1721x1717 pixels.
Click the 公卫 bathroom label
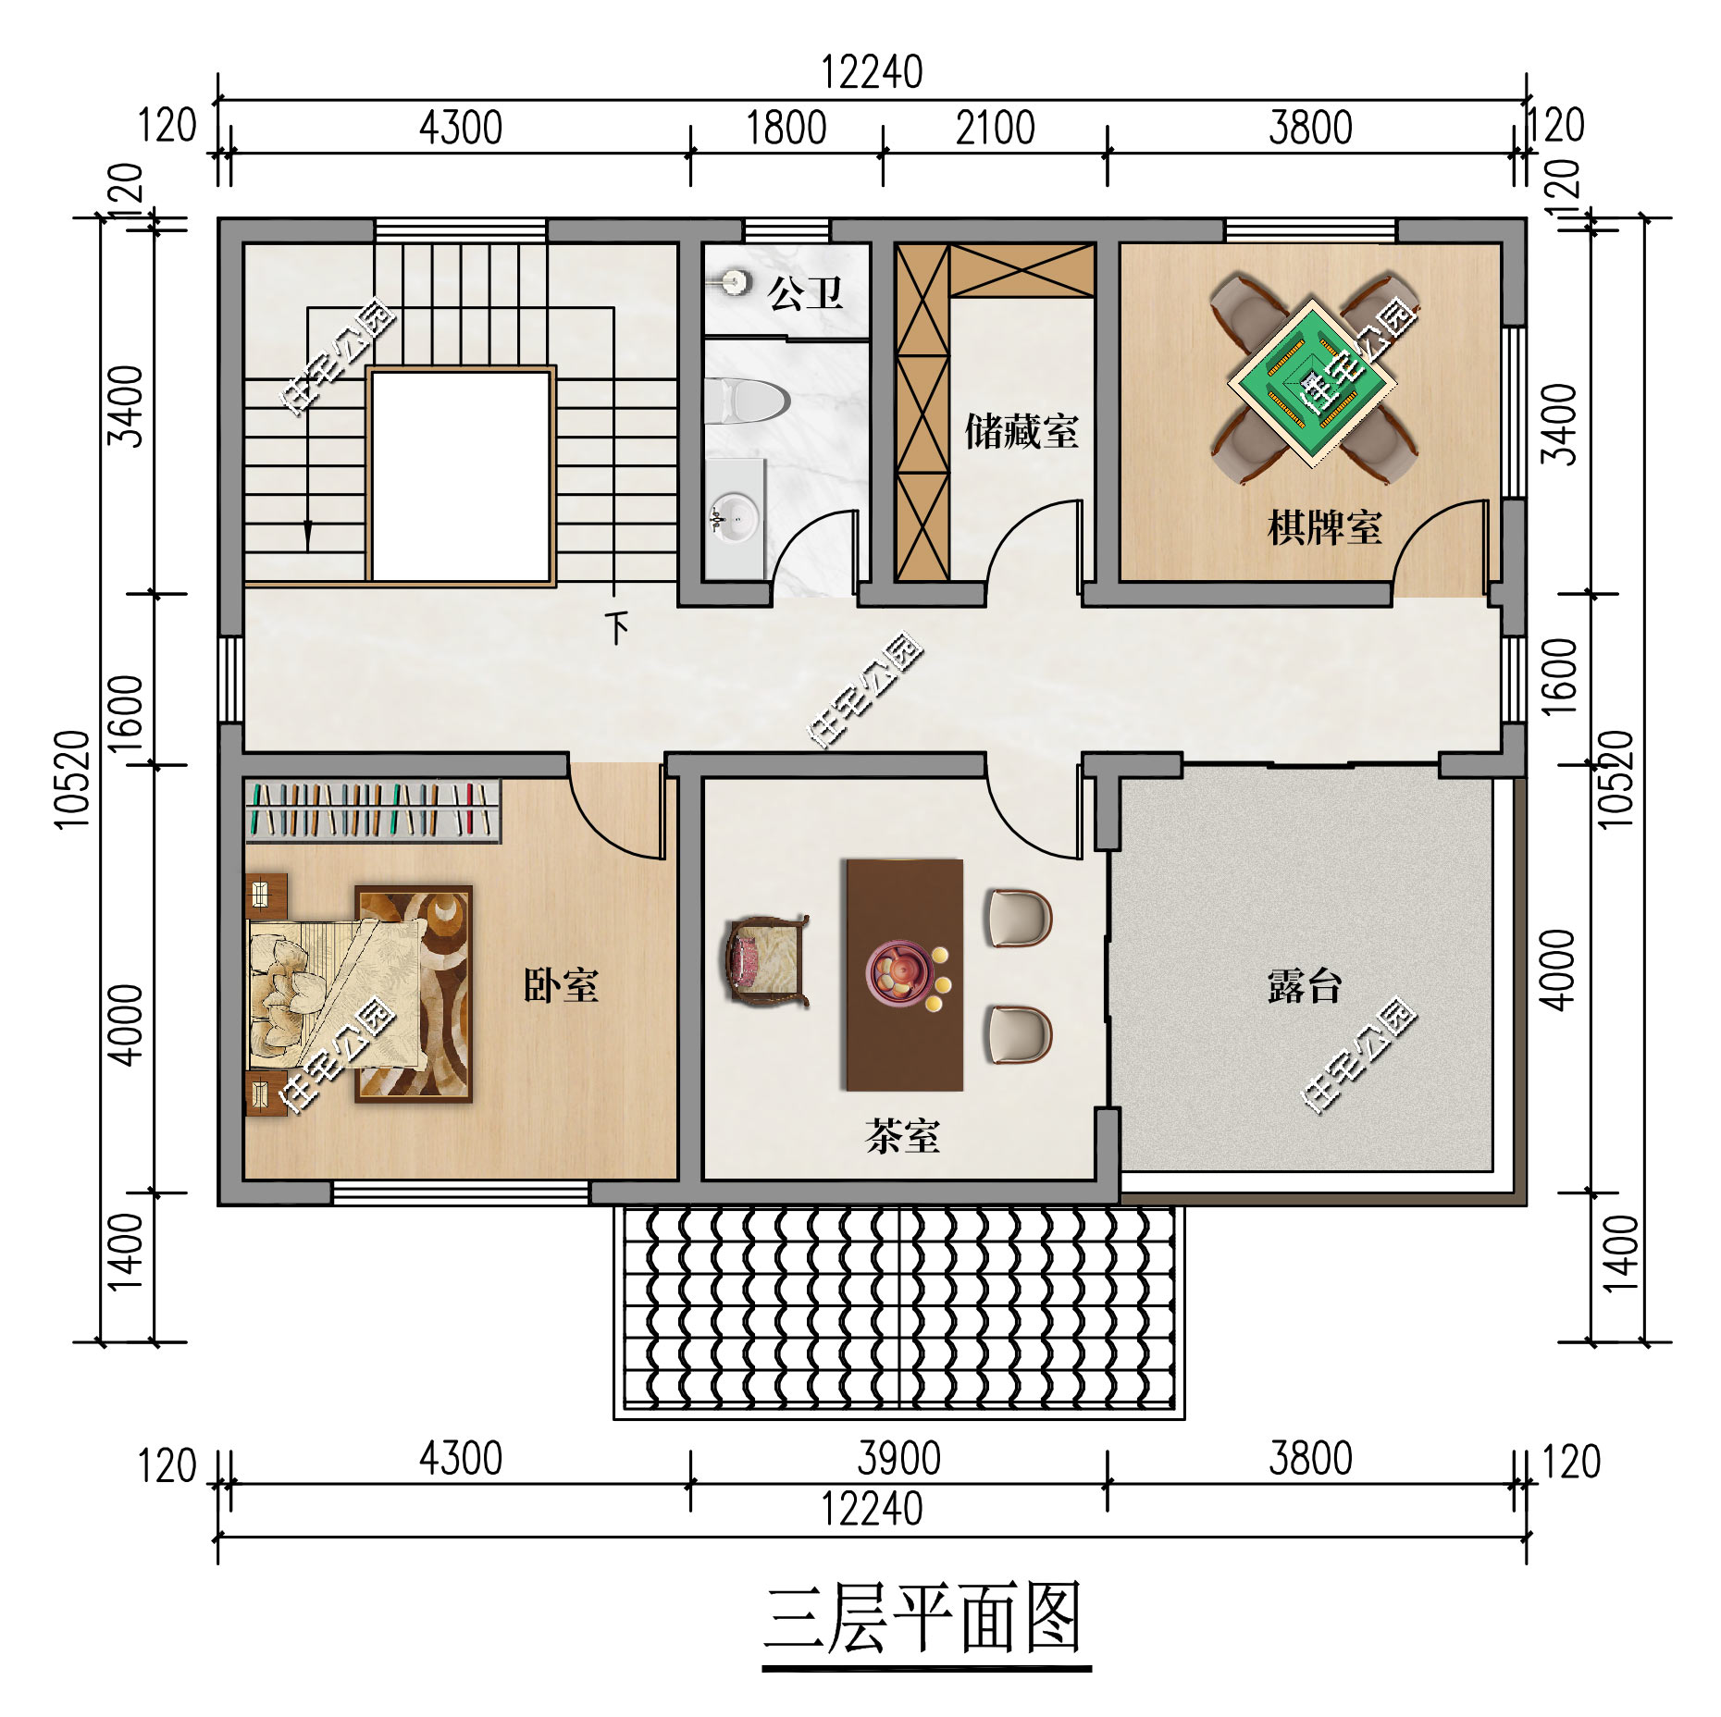(805, 293)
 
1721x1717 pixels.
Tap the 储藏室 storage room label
(1021, 431)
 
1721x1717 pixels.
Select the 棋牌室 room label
(1324, 527)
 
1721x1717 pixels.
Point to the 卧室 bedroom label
(561, 985)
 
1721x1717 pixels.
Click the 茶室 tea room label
(902, 1136)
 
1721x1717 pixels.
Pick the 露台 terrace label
(1305, 986)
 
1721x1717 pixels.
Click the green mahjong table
(1313, 378)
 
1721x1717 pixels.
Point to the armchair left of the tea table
(765, 960)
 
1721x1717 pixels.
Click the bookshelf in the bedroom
(373, 811)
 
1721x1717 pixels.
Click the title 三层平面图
(925, 1617)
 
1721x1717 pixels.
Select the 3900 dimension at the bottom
(898, 1459)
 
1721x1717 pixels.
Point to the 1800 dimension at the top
(786, 129)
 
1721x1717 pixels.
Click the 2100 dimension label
(995, 129)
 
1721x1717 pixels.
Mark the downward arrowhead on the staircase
(308, 537)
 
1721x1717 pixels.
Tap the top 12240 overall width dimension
(873, 73)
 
